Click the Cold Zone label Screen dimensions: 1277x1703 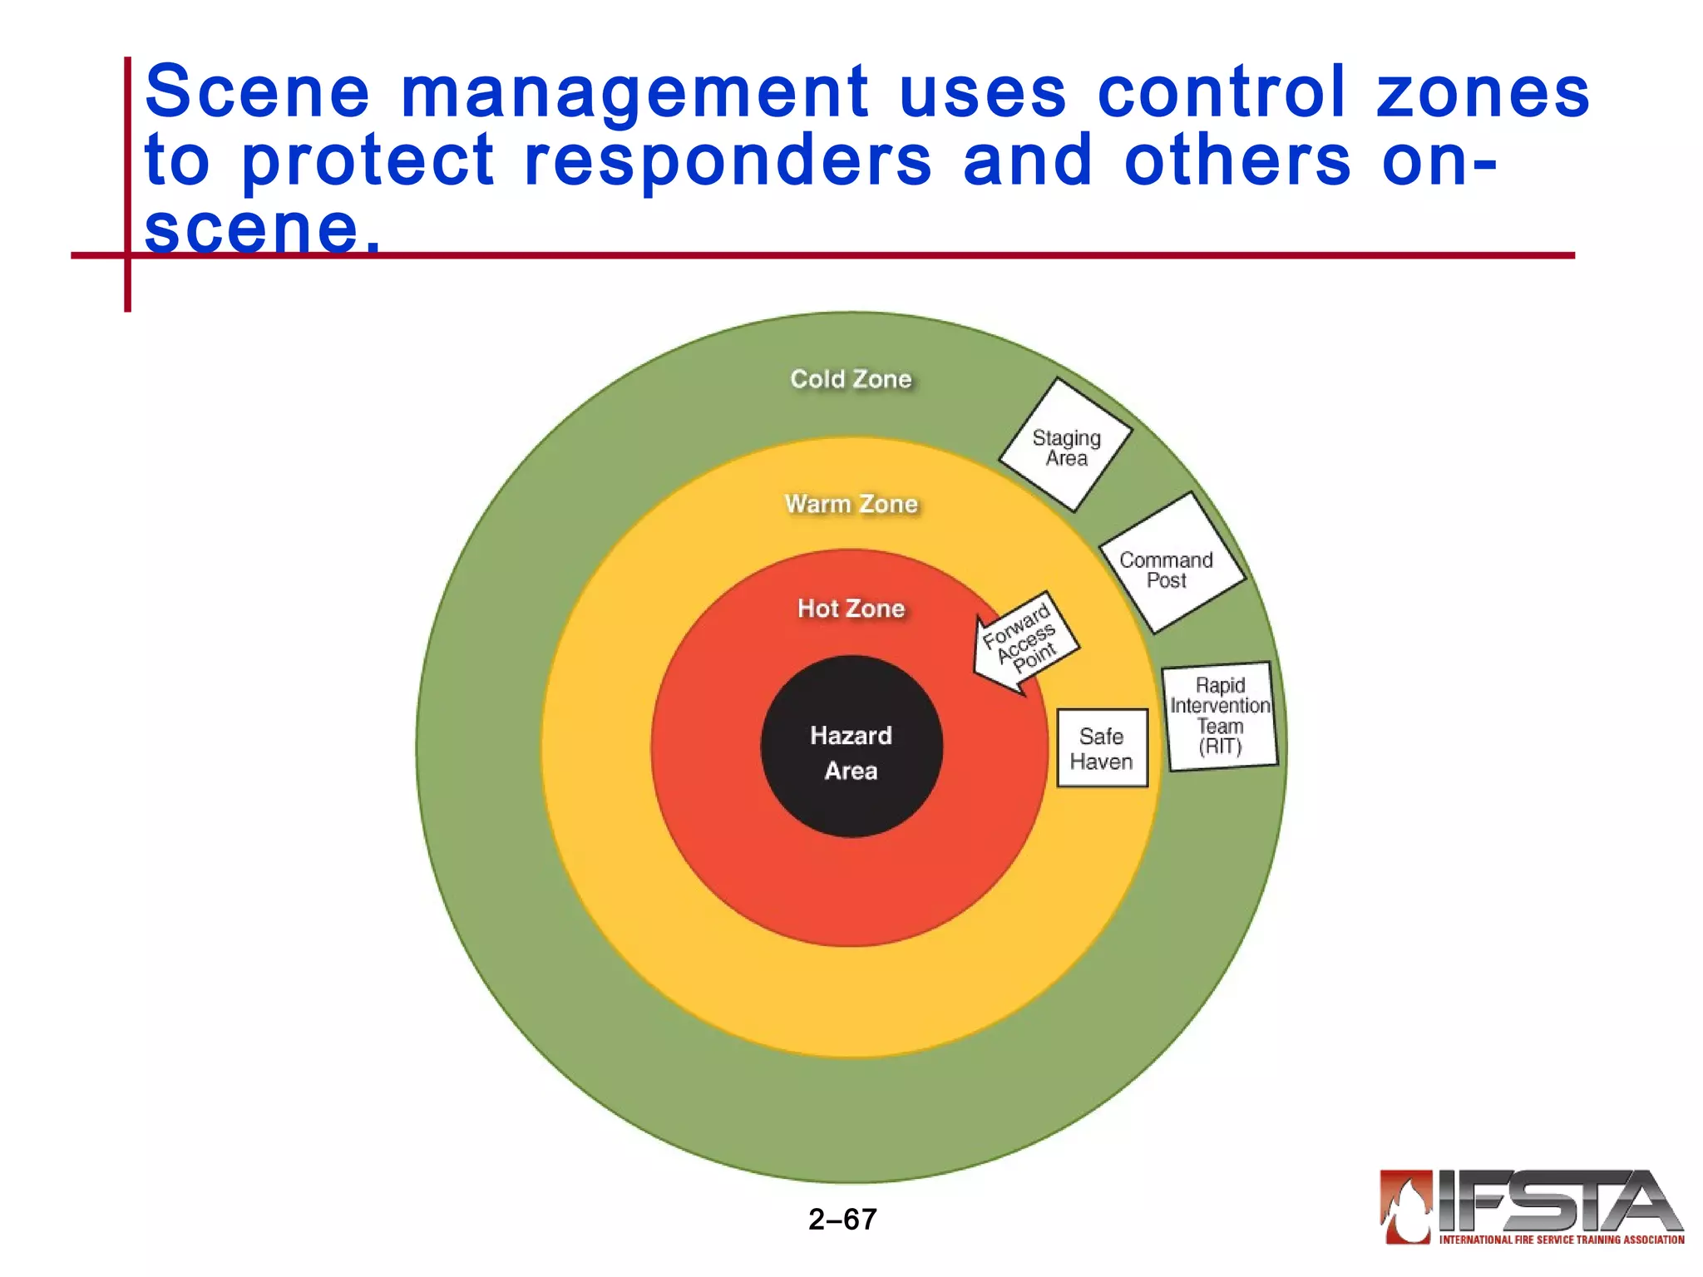(x=851, y=379)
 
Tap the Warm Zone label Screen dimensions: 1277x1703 (x=851, y=504)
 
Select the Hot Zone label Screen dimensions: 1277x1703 (x=851, y=609)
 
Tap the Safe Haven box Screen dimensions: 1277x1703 (x=1102, y=748)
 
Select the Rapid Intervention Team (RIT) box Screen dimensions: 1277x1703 (x=1220, y=717)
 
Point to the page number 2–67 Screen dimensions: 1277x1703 (x=842, y=1220)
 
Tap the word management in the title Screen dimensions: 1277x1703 (x=634, y=93)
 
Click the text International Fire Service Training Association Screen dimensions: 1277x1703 (x=1562, y=1240)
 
